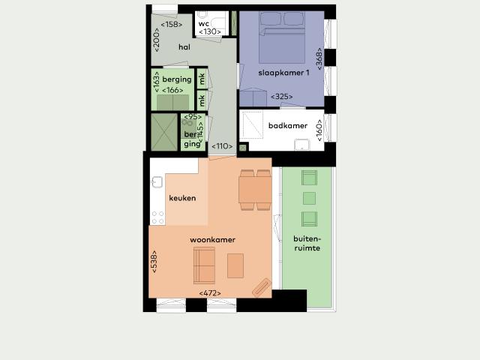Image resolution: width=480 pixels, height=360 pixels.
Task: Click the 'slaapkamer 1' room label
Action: click(283, 73)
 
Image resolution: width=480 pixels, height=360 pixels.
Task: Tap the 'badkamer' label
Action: click(287, 126)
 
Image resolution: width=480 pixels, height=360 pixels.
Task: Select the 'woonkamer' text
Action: click(212, 240)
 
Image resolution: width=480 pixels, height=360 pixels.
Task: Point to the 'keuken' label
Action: click(183, 198)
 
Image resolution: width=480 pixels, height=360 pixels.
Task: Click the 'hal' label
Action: click(184, 47)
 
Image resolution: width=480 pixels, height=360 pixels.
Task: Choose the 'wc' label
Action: click(204, 23)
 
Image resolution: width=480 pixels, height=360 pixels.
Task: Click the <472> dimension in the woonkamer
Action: click(210, 292)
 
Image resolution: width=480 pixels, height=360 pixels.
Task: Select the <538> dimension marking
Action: click(154, 260)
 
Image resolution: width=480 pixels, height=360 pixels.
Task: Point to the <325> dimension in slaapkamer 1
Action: click(281, 96)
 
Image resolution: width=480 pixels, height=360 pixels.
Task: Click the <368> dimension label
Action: click(319, 59)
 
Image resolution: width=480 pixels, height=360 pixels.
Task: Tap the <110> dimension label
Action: click(222, 146)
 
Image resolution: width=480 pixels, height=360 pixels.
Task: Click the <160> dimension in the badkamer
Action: click(319, 129)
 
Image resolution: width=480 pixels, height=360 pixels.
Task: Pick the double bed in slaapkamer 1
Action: click(281, 41)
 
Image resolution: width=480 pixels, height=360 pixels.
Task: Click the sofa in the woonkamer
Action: click(204, 264)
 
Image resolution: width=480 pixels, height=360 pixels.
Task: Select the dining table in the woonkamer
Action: click(255, 190)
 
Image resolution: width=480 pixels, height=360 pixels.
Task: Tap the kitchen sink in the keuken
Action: click(157, 181)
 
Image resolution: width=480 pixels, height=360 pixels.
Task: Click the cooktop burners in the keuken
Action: click(157, 217)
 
